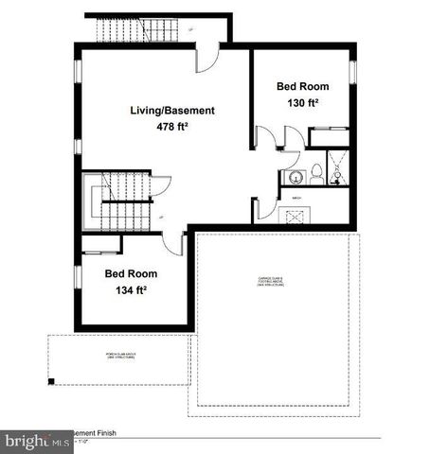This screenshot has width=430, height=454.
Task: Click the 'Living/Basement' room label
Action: coord(172,111)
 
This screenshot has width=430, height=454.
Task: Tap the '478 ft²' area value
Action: coord(172,127)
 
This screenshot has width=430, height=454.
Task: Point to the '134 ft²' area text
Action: coord(131,289)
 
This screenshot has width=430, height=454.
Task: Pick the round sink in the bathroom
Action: coord(288,177)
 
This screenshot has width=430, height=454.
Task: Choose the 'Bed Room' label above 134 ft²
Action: coord(131,273)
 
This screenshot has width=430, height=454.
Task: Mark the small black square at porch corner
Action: coord(54,381)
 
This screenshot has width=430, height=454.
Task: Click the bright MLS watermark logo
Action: coord(36,442)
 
